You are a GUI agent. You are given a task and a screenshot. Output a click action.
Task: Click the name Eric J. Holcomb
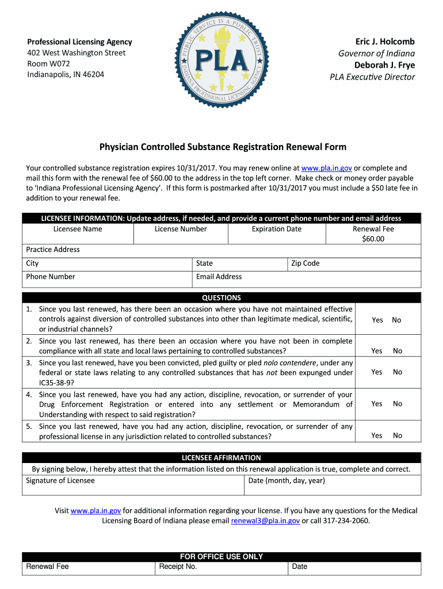click(x=385, y=42)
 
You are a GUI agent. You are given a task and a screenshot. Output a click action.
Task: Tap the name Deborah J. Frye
click(x=384, y=65)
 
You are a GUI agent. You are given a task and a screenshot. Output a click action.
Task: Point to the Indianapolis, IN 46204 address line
click(x=65, y=75)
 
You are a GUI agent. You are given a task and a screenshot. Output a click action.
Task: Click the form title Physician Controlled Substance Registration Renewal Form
click(x=223, y=147)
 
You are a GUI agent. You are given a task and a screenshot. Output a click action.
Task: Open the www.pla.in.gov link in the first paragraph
click(x=326, y=169)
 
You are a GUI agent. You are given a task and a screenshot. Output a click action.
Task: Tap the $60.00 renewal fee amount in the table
click(x=373, y=239)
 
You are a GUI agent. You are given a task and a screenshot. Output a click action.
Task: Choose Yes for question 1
click(x=377, y=320)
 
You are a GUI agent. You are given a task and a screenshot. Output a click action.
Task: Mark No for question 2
click(x=398, y=351)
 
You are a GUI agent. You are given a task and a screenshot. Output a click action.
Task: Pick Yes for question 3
click(x=377, y=372)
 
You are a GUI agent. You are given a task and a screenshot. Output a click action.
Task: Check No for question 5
click(x=398, y=435)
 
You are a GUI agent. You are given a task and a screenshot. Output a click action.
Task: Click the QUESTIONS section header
click(x=221, y=298)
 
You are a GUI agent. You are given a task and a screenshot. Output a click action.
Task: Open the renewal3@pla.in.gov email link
click(x=265, y=521)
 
